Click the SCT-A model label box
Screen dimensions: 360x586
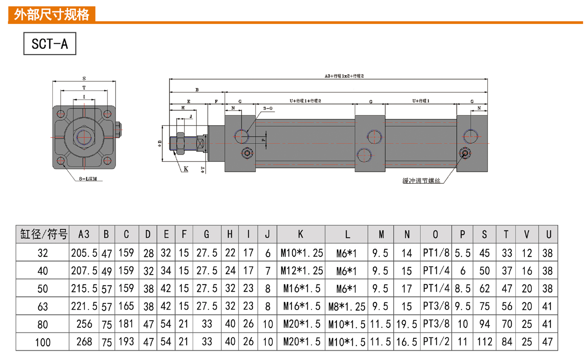tap(50, 44)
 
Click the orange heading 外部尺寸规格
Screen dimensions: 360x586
tap(52, 14)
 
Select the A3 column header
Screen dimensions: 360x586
tap(84, 234)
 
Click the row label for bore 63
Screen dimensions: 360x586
tap(43, 306)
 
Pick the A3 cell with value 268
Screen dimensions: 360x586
tap(84, 342)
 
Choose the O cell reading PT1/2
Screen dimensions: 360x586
tap(436, 342)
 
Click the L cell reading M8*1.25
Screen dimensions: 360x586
tap(347, 306)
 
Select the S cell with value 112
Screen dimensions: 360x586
tap(484, 342)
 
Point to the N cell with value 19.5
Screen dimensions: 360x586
tap(407, 324)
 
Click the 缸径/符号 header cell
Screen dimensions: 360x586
tap(43, 234)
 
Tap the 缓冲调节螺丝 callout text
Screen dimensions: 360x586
tap(421, 181)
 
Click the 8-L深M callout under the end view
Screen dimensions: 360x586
tap(88, 179)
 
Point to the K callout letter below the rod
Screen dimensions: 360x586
tap(186, 169)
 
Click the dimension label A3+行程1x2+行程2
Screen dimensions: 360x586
tap(344, 76)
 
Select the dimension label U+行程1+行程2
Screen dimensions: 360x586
tap(305, 101)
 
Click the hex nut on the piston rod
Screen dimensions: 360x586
tap(180, 143)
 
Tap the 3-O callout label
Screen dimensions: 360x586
tap(268, 108)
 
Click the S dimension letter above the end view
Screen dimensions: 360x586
tap(84, 79)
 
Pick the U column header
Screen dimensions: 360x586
tap(548, 234)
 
